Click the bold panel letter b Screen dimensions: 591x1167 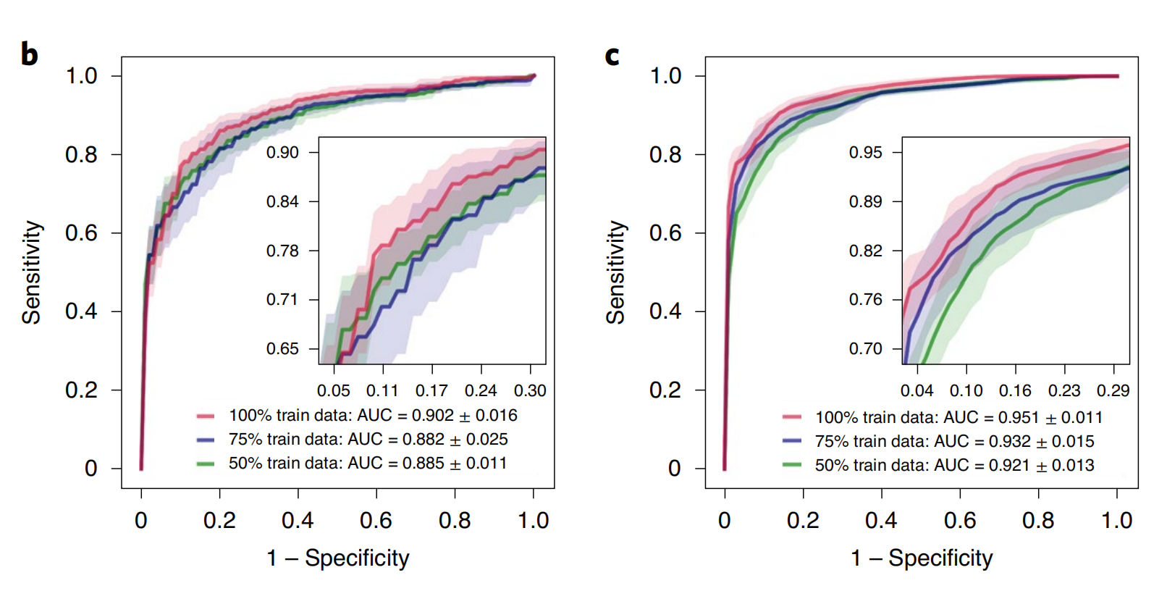pyautogui.click(x=29, y=55)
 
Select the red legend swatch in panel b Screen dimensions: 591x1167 pyautogui.click(x=206, y=416)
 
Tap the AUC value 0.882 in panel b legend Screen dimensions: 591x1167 pyautogui.click(x=424, y=440)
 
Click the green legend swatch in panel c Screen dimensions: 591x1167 pyautogui.click(x=792, y=465)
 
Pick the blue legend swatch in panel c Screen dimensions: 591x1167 pyautogui.click(x=792, y=441)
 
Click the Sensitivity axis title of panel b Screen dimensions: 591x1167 pyautogui.click(x=32, y=272)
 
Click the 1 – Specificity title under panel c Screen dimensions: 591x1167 pyautogui.click(x=922, y=558)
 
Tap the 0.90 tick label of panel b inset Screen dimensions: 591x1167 pyautogui.click(x=282, y=153)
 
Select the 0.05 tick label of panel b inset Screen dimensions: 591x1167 pyautogui.click(x=334, y=391)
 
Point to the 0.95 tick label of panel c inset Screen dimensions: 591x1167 pyautogui.click(x=866, y=153)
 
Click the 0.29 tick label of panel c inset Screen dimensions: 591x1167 pyautogui.click(x=1113, y=391)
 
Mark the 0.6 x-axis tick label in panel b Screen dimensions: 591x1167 pyautogui.click(x=376, y=521)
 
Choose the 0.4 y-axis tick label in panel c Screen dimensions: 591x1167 pyautogui.click(x=665, y=311)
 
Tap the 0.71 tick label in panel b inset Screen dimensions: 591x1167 pyautogui.click(x=282, y=300)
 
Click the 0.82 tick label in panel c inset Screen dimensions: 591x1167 pyautogui.click(x=866, y=251)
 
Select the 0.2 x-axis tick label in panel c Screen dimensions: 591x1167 pyautogui.click(x=803, y=521)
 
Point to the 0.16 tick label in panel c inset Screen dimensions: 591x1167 pyautogui.click(x=1015, y=391)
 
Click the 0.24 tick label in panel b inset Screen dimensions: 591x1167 pyautogui.click(x=481, y=391)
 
